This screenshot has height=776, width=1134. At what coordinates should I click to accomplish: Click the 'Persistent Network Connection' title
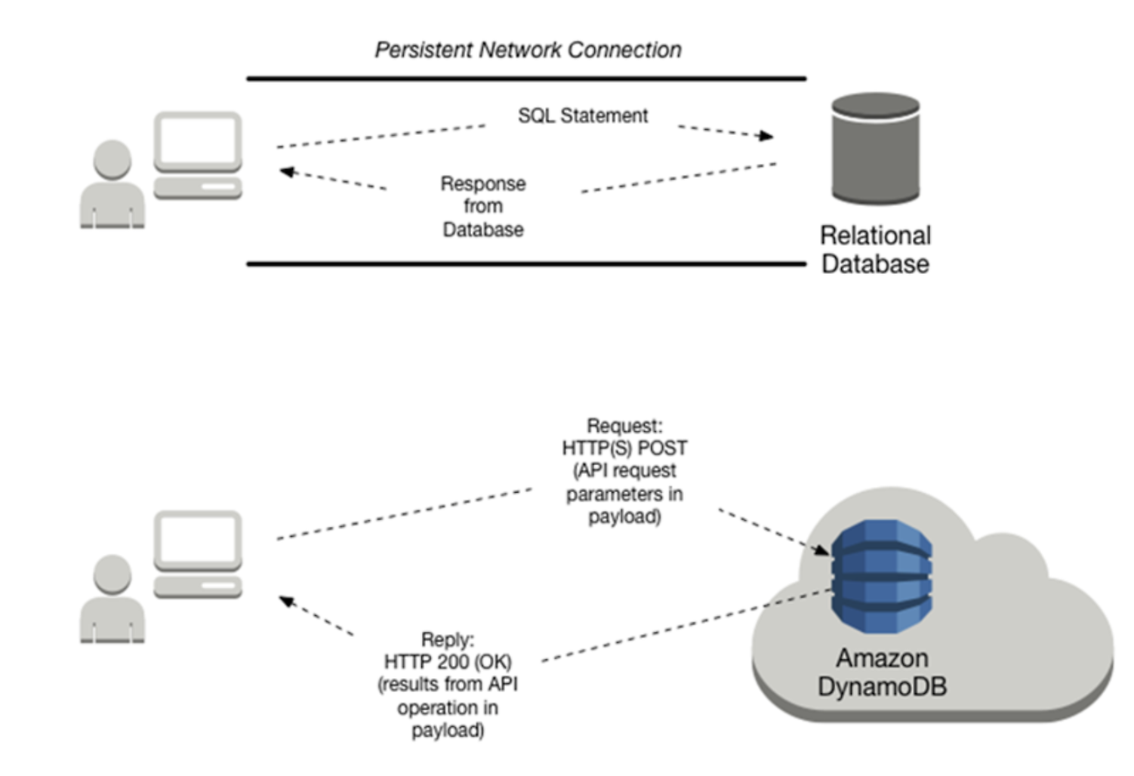click(x=528, y=50)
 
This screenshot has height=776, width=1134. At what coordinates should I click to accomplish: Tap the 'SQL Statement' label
click(x=582, y=115)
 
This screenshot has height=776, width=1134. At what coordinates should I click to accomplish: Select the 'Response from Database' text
click(x=483, y=206)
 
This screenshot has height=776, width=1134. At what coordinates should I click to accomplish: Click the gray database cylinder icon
click(x=875, y=149)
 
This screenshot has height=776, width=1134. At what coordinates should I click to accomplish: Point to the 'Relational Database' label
click(x=875, y=249)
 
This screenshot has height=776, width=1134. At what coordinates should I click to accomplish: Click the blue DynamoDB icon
click(x=881, y=575)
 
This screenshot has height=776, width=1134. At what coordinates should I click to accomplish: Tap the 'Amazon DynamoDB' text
click(x=881, y=672)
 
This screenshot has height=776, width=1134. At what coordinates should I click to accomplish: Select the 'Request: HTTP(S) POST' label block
click(x=624, y=471)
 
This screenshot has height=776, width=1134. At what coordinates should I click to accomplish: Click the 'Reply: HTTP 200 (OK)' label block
click(x=448, y=685)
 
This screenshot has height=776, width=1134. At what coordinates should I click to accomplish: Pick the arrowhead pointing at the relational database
click(x=767, y=136)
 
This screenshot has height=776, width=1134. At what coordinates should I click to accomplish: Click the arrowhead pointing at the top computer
click(x=286, y=172)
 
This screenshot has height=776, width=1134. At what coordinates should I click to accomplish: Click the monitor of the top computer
click(x=198, y=141)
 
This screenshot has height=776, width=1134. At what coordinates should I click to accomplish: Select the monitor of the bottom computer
click(x=198, y=540)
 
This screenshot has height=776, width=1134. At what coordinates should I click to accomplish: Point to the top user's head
click(x=112, y=159)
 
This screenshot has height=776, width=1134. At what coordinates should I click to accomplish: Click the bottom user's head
click(x=112, y=574)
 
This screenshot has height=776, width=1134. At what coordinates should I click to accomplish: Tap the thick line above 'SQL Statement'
click(x=526, y=78)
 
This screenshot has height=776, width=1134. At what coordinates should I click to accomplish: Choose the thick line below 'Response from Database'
click(x=526, y=264)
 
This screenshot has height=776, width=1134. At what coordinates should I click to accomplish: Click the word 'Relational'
click(x=875, y=236)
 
